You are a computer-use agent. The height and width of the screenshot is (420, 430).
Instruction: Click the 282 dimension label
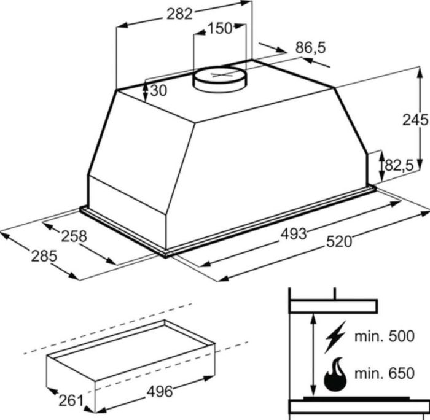[179, 14]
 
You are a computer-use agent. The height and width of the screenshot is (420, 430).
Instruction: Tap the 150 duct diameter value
[220, 28]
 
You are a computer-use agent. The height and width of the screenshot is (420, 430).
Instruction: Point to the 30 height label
[158, 90]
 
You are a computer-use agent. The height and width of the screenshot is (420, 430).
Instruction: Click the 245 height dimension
[415, 120]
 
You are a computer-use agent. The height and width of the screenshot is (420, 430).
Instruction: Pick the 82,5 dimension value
[399, 165]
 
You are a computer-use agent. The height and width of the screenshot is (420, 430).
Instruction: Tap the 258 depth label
[74, 236]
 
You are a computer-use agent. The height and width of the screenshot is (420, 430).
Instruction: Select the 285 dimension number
[44, 256]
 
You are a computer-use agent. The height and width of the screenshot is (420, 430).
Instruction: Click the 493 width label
[294, 235]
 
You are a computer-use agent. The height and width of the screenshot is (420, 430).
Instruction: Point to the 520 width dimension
[339, 242]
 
